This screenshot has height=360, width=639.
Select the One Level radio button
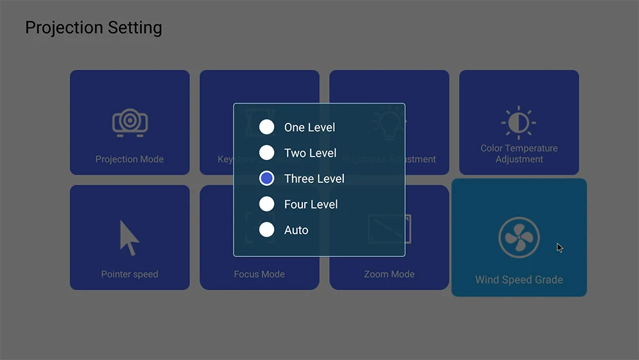[x=266, y=127]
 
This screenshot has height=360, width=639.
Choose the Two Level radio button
[x=266, y=153]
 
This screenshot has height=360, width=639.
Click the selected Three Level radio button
[x=266, y=178]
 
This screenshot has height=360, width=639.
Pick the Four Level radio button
[x=266, y=204]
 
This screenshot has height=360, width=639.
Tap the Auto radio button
[x=266, y=230]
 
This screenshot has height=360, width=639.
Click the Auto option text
[x=296, y=230]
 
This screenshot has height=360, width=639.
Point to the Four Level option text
[x=311, y=205]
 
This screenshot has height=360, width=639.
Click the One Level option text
[x=309, y=128]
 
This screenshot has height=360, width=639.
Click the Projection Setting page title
[x=93, y=28]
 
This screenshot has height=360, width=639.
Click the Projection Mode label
[x=130, y=159]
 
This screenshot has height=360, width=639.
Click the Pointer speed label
[x=130, y=274]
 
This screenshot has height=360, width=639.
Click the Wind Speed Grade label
[x=519, y=279]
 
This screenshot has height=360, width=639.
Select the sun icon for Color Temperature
[x=519, y=123]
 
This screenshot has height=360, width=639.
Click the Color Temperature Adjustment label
[x=519, y=153]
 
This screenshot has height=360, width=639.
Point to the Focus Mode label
[x=259, y=274]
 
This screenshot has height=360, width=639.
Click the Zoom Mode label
[x=389, y=274]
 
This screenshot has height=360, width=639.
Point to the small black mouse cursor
[x=559, y=247]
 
